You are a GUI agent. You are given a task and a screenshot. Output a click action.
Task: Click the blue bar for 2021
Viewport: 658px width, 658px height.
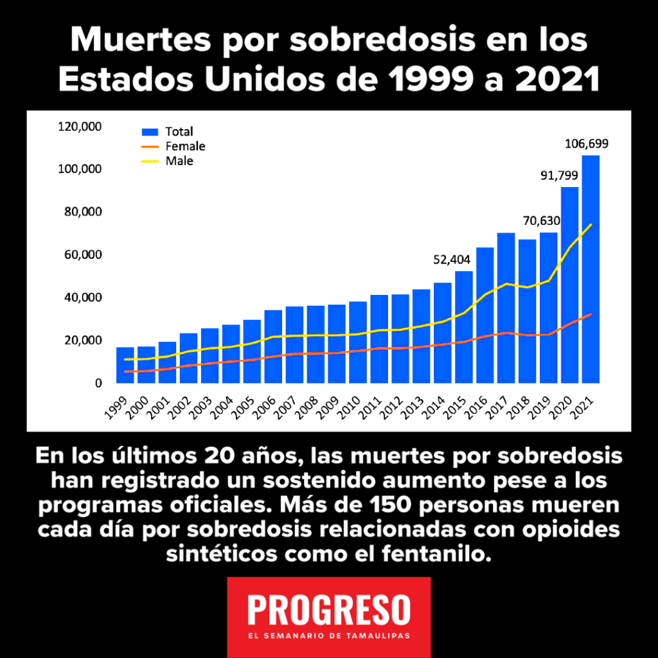pos(591,270)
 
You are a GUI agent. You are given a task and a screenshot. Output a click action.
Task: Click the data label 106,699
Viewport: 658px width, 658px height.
pos(587,143)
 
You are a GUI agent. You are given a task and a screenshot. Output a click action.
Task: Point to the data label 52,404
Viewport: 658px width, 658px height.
pos(451,260)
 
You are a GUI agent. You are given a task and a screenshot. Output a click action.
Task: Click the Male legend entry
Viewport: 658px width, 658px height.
pos(179,161)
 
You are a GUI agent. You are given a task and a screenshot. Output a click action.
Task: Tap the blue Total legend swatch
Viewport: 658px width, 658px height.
pos(150,132)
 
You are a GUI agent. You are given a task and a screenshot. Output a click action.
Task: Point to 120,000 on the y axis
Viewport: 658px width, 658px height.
pos(80,127)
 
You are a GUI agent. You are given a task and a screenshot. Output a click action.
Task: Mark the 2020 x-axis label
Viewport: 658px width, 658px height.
pos(560,405)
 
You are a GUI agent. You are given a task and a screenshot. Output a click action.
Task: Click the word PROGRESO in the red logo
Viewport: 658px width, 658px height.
pos(328,608)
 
